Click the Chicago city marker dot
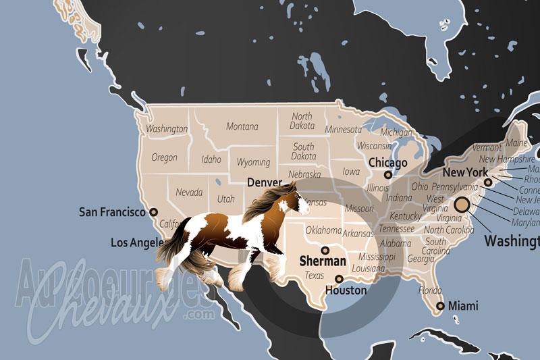387,174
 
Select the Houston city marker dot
339,279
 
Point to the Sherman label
323,260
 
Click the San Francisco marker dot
153,212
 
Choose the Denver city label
264,182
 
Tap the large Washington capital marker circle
462,205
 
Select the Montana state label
242,126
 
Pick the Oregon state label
164,157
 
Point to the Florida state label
430,290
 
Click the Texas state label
315,276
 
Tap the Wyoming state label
253,162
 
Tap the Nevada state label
188,192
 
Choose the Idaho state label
211,160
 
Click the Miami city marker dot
440,306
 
